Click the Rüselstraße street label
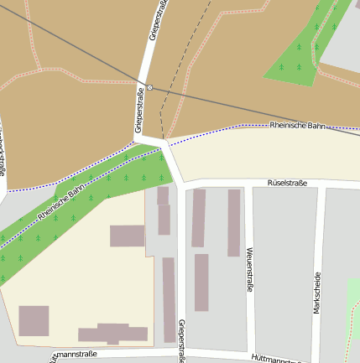(287, 182)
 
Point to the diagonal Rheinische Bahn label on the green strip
(60, 204)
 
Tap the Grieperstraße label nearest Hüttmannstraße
(181, 340)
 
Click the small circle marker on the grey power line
(149, 87)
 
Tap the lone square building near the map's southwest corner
(34, 321)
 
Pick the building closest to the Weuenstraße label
(233, 222)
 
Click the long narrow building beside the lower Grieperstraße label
(169, 299)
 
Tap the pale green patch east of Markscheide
(354, 302)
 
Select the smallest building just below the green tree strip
(162, 195)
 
